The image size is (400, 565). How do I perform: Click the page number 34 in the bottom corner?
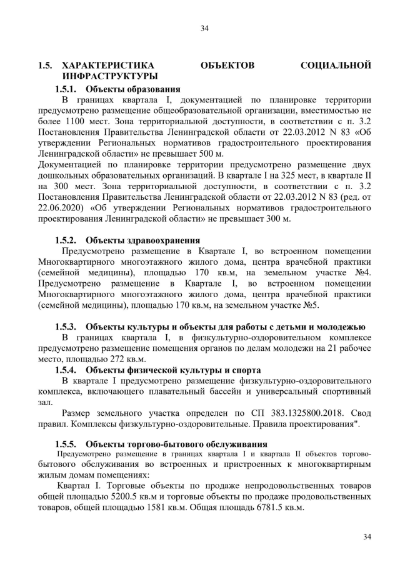click(367, 536)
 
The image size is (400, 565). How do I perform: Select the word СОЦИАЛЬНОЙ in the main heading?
click(336, 65)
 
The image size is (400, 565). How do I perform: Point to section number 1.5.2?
click(65, 240)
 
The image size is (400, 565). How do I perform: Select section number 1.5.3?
click(65, 326)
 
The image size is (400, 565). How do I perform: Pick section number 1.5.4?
click(65, 370)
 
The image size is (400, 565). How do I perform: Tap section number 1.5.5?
click(65, 443)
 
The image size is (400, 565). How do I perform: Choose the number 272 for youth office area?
click(112, 359)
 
